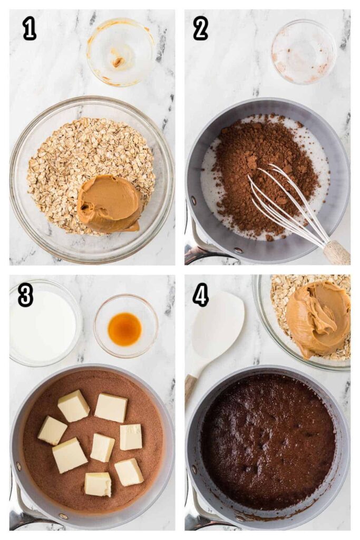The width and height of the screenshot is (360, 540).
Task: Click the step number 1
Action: click(x=30, y=28)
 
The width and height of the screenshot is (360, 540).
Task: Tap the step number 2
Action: click(x=200, y=28)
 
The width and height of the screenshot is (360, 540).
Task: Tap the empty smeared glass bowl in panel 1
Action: click(x=120, y=52)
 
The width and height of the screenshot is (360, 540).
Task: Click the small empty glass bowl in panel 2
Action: click(x=304, y=52)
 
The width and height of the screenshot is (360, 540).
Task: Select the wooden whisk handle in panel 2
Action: click(x=337, y=253)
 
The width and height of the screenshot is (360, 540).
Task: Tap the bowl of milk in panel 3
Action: click(x=45, y=323)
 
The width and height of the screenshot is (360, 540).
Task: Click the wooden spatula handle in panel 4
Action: click(x=191, y=389)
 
